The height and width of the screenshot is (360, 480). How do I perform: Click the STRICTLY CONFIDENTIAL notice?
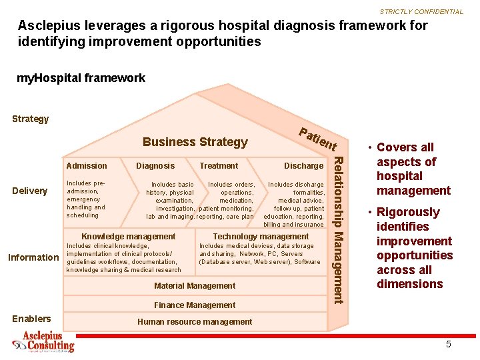(421, 12)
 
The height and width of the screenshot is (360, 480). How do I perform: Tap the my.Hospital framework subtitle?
(81, 78)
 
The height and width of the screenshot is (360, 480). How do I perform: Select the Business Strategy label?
(195, 142)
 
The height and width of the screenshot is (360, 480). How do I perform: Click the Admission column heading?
(87, 166)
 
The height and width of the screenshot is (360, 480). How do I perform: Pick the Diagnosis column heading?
(155, 166)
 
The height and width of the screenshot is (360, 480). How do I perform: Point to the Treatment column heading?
(219, 166)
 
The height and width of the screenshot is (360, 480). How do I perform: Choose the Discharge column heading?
(303, 166)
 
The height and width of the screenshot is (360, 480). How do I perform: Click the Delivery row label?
(30, 191)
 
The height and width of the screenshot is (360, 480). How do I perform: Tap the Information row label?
(33, 257)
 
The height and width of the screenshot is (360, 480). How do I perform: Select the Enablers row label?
(31, 319)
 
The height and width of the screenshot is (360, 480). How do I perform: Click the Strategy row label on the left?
(31, 119)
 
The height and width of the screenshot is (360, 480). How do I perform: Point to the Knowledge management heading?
(128, 237)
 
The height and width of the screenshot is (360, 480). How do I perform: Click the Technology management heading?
(261, 237)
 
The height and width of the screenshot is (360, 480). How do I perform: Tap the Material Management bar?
(195, 286)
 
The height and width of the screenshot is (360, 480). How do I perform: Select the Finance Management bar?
(195, 305)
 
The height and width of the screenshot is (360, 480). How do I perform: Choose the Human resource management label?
(195, 322)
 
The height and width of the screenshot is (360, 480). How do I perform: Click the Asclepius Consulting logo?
(44, 342)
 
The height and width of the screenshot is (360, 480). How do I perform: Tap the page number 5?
(449, 345)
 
